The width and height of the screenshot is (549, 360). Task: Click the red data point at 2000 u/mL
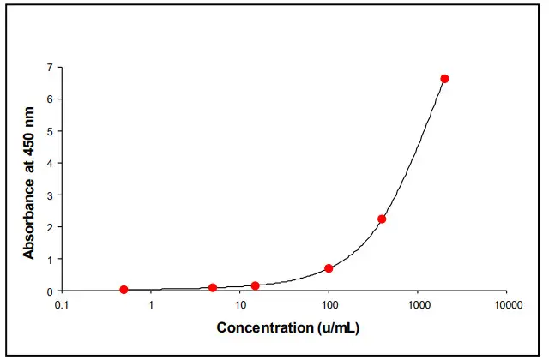(x=444, y=79)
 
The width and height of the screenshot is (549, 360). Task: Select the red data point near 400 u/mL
(x=382, y=219)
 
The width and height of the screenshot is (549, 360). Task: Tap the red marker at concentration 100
(x=329, y=268)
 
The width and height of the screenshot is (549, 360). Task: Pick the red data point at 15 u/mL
(x=256, y=285)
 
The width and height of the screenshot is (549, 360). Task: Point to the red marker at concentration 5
(x=213, y=288)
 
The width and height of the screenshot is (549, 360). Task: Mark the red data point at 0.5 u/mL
(x=124, y=290)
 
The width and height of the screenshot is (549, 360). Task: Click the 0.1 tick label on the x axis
(x=62, y=305)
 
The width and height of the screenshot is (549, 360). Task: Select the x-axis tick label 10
(x=240, y=305)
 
